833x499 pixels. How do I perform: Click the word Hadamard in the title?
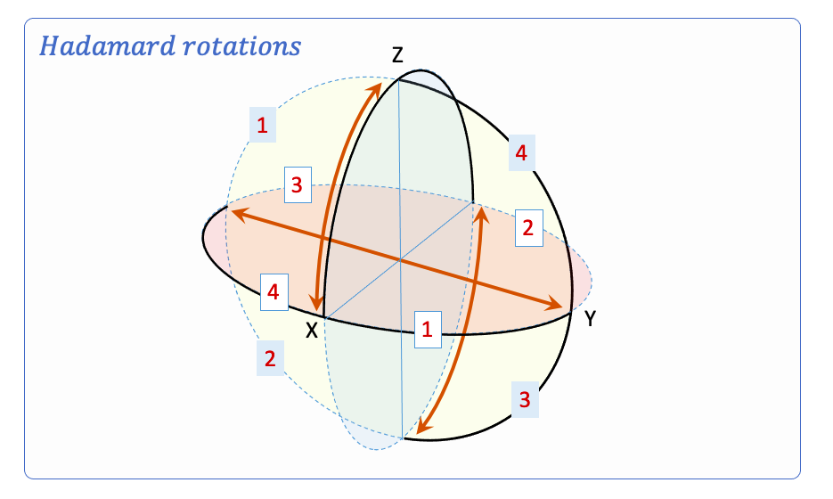(x=97, y=46)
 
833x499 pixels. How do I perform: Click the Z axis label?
(x=397, y=56)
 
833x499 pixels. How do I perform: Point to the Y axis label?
(x=590, y=319)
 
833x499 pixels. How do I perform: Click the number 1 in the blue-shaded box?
(x=262, y=127)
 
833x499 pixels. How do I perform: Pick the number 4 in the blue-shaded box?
(x=521, y=154)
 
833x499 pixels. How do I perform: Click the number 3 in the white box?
(x=298, y=185)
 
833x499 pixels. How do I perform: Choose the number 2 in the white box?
(x=527, y=227)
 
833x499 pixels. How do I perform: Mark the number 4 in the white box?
(x=274, y=291)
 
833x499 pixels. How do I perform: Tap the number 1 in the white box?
(x=428, y=330)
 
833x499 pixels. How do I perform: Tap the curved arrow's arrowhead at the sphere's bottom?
(x=421, y=430)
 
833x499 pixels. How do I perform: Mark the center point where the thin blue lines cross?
(x=399, y=260)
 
